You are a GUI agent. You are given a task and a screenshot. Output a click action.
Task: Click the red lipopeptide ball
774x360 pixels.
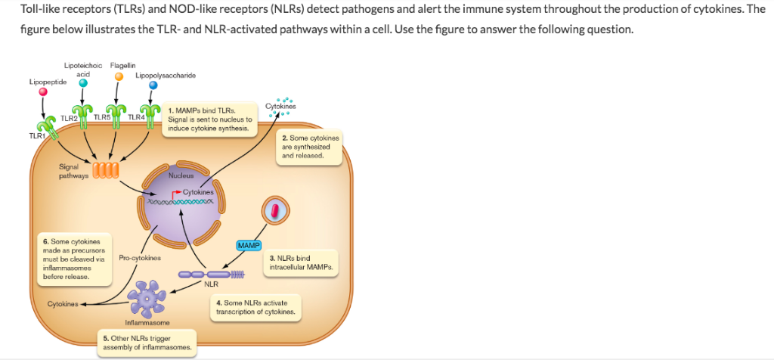pyautogui.click(x=43, y=92)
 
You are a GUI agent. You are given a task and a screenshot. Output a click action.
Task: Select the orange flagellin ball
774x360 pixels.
pyautogui.click(x=118, y=77)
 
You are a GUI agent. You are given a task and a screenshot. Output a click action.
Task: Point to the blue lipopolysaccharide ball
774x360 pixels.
pyautogui.click(x=153, y=86)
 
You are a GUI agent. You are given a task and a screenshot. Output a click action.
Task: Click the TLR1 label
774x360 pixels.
pyautogui.click(x=36, y=135)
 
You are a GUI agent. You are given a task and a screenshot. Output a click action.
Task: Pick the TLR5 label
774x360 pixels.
pyautogui.click(x=102, y=116)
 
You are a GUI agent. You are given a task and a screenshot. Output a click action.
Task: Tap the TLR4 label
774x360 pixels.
pyautogui.click(x=137, y=116)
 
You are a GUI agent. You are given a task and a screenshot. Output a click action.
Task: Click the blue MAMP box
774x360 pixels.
pyautogui.click(x=249, y=246)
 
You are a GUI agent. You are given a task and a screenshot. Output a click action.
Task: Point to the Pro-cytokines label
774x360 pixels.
pyautogui.click(x=140, y=258)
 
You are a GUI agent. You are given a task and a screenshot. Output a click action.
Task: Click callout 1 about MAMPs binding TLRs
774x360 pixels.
pyautogui.click(x=209, y=119)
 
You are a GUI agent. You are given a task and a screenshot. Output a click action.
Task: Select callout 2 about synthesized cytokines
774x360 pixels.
pyautogui.click(x=311, y=147)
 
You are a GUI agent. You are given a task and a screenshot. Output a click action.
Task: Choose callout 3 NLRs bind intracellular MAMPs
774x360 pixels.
pyautogui.click(x=301, y=262)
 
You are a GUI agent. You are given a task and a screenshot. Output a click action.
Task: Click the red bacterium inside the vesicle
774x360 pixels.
pyautogui.click(x=277, y=209)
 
